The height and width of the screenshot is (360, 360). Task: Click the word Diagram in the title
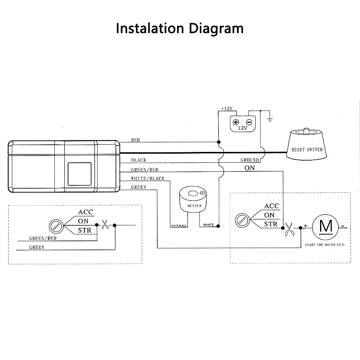216,29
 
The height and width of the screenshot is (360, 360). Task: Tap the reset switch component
306,144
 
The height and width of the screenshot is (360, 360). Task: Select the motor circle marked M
325,227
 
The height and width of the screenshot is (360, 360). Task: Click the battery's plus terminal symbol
236,122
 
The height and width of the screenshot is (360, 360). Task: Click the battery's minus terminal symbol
249,122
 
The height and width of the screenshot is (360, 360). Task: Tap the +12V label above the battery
227,108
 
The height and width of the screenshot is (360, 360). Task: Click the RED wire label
135,140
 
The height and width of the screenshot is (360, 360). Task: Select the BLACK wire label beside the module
139,160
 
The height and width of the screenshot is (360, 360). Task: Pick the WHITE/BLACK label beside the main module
148,179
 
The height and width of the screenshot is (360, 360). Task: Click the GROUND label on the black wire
249,160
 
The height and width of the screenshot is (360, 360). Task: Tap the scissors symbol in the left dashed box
105,225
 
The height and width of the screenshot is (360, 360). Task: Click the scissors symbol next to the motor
289,229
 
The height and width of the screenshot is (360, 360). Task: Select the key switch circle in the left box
56,226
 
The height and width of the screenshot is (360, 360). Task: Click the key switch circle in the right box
242,220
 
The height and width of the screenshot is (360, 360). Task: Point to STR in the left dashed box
85,230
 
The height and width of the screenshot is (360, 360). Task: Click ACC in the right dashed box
271,206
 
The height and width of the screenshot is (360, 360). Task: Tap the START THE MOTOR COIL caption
325,245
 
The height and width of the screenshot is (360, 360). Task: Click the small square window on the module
80,174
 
